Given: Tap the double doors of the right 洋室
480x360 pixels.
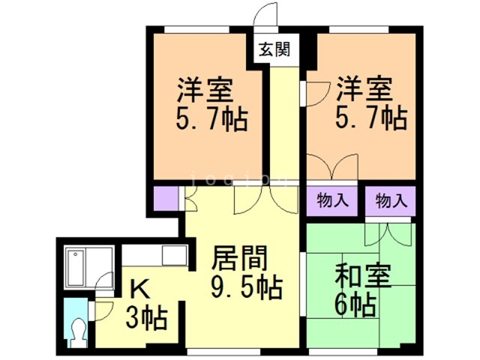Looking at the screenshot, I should point(334,166).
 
